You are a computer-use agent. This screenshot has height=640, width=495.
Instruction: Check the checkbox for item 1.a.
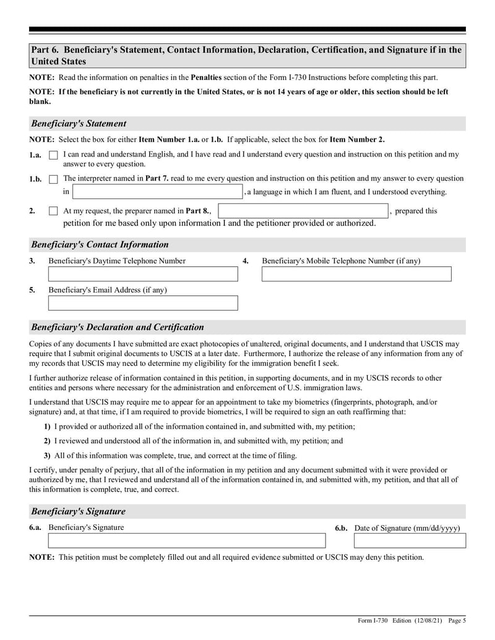coord(53,155)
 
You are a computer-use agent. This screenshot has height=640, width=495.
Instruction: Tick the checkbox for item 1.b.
coord(53,179)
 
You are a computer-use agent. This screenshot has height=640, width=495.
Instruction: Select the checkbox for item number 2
coord(53,211)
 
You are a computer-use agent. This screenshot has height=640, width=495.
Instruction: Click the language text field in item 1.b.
coord(158,192)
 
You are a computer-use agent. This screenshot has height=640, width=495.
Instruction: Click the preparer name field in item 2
coord(303,211)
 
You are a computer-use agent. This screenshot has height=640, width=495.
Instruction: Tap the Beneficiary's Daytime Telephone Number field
coord(143,274)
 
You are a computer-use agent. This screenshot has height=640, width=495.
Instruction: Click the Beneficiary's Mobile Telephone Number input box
coord(356,274)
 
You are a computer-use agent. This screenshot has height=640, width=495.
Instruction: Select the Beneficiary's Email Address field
coord(143,303)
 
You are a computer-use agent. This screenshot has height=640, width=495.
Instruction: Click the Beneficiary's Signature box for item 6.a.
coord(186,541)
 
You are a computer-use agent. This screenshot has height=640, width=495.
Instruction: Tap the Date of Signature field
coord(410,541)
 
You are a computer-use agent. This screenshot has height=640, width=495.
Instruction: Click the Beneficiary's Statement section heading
coord(79,124)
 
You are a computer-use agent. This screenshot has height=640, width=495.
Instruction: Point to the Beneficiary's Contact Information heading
coord(100,245)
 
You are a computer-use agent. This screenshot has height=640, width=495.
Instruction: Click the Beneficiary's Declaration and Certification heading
coord(117,328)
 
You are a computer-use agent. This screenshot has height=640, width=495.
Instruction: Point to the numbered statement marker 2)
coord(47,442)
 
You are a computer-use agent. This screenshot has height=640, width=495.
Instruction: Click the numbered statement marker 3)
coord(47,456)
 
